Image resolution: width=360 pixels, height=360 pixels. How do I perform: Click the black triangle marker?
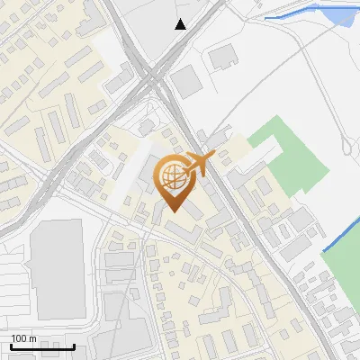tap(181, 24)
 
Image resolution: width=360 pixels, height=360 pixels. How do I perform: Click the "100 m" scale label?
tap(23, 337)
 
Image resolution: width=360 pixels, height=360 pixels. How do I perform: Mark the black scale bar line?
tap(42, 346)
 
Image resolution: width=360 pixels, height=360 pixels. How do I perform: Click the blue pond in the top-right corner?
tap(343, 14)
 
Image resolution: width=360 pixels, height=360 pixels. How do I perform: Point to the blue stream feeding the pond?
tap(297, 12)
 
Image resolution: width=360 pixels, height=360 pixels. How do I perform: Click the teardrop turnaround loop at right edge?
tap(347, 144)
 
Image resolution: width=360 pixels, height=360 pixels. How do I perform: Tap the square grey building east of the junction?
tap(187, 82)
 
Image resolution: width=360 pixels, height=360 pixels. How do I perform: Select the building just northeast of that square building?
tap(222, 58)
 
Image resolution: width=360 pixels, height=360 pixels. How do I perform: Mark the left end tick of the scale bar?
tap(11, 345)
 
